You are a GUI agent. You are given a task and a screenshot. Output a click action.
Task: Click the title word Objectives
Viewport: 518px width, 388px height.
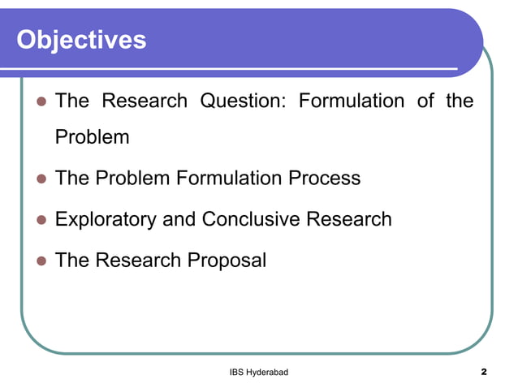[x=81, y=39]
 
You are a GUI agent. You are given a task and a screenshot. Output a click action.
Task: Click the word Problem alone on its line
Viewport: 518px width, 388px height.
[x=92, y=137]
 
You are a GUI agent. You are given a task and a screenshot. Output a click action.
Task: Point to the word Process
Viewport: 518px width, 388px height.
[x=322, y=179]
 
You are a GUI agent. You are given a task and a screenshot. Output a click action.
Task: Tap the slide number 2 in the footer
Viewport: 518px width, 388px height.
[x=484, y=372]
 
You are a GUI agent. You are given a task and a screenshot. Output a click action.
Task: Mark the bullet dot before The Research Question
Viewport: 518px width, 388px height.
[x=38, y=102]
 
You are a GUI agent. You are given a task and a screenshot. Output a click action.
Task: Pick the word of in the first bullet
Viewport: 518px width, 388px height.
[x=426, y=101]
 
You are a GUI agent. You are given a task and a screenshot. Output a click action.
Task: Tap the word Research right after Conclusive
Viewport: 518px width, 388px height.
[x=349, y=220]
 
